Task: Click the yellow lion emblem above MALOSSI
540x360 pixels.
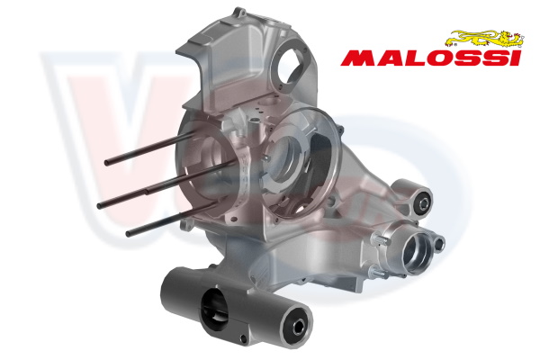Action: [x=485, y=39]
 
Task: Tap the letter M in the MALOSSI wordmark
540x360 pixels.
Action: [x=359, y=58]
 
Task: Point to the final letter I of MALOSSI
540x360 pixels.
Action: [x=515, y=58]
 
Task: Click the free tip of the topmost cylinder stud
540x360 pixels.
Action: [x=107, y=162]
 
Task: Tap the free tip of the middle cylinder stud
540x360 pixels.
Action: [x=99, y=205]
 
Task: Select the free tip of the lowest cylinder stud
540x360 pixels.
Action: [x=128, y=234]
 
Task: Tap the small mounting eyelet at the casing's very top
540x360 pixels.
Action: [x=240, y=13]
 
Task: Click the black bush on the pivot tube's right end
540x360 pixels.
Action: [x=297, y=326]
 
